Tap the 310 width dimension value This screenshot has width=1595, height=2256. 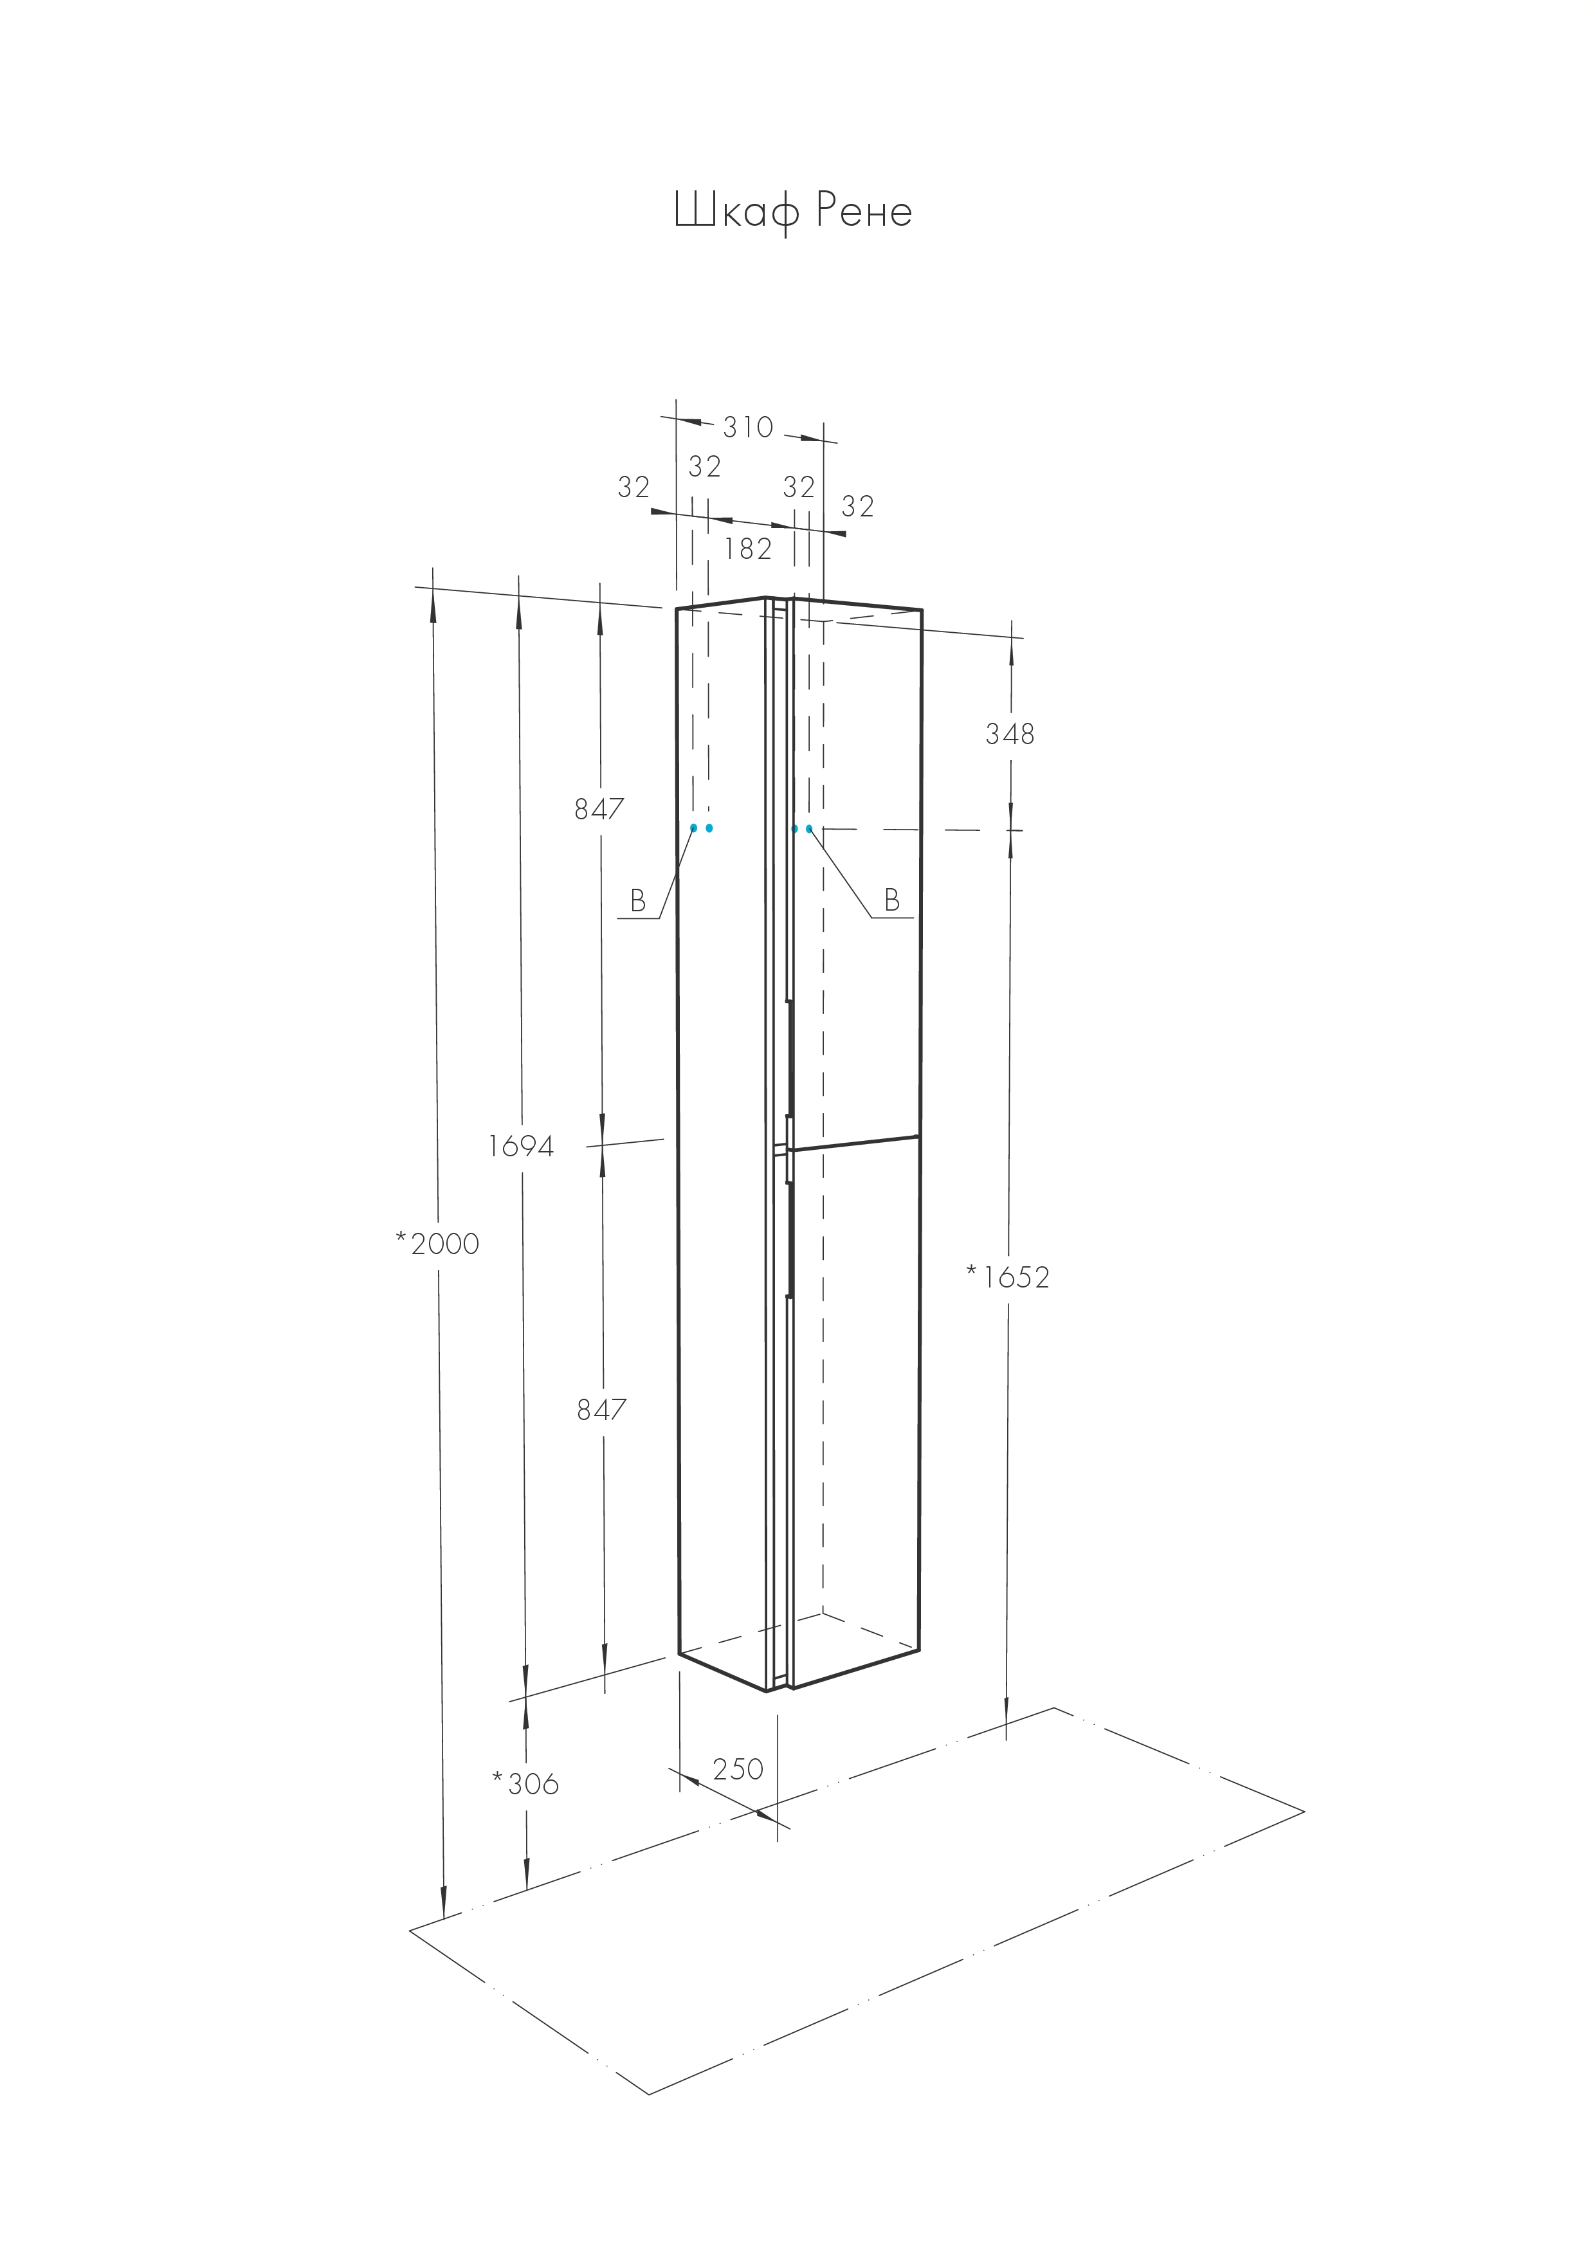click(x=748, y=428)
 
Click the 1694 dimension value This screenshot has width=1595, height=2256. click(x=521, y=1146)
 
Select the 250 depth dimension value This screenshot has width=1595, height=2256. click(x=738, y=1770)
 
